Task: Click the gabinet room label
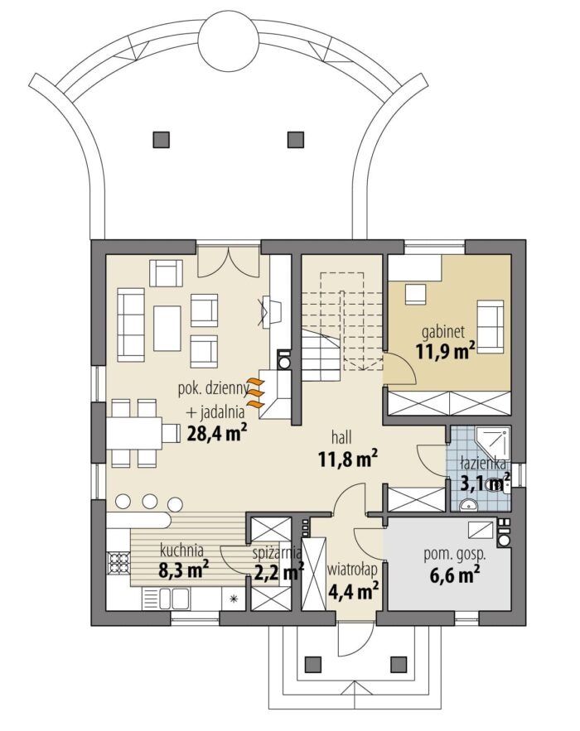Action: pyautogui.click(x=442, y=333)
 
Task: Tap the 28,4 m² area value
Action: pyautogui.click(x=216, y=433)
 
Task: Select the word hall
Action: pyautogui.click(x=341, y=437)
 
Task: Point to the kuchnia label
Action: pyautogui.click(x=181, y=551)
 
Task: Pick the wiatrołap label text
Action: pyautogui.click(x=352, y=570)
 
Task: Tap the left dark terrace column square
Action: pyautogui.click(x=161, y=139)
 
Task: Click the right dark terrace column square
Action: pyautogui.click(x=296, y=139)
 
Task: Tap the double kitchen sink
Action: pyautogui.click(x=173, y=599)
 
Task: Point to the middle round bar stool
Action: pyautogui.click(x=149, y=501)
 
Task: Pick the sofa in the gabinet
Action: pyautogui.click(x=490, y=326)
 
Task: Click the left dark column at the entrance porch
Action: pyautogui.click(x=312, y=663)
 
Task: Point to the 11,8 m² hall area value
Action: pyautogui.click(x=348, y=459)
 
